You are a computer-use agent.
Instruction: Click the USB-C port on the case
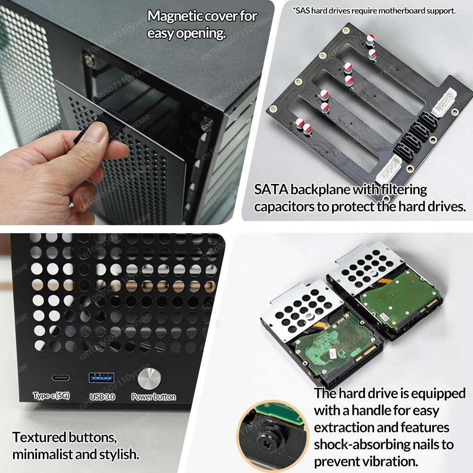pyautogui.click(x=61, y=378)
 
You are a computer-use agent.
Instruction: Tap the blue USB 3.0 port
pyautogui.click(x=101, y=377)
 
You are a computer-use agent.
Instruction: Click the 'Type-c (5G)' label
pyautogui.click(x=51, y=396)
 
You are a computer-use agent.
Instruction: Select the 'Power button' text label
pyautogui.click(x=153, y=397)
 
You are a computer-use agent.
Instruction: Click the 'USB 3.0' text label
pyautogui.click(x=102, y=397)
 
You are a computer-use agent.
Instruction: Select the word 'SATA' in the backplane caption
pyautogui.click(x=271, y=190)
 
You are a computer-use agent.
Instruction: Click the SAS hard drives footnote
pyautogui.click(x=374, y=10)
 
